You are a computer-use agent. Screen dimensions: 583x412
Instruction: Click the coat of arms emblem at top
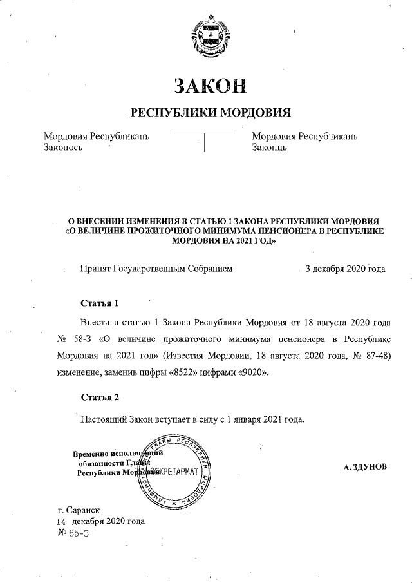pyautogui.click(x=206, y=37)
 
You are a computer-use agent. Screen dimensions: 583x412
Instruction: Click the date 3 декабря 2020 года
pyautogui.click(x=345, y=268)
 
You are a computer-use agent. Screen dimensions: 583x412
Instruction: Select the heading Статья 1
pyautogui.click(x=100, y=303)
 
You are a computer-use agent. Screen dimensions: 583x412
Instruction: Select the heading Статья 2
pyautogui.click(x=100, y=396)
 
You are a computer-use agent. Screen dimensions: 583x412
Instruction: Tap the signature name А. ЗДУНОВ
pyautogui.click(x=366, y=466)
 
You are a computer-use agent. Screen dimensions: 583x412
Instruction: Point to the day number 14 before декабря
pyautogui.click(x=61, y=522)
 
